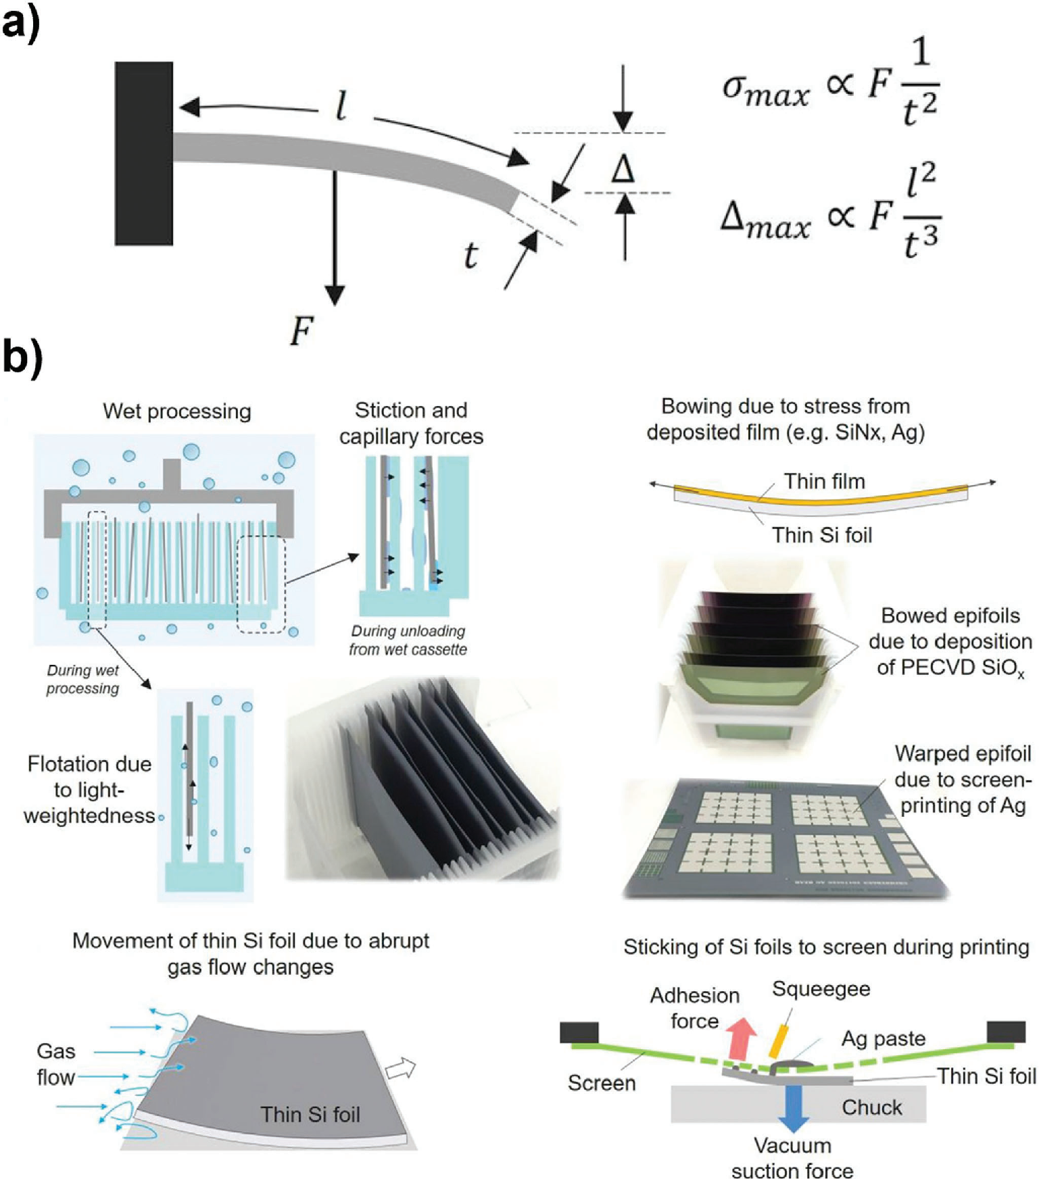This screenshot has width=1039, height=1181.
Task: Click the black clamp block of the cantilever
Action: pyautogui.click(x=143, y=153)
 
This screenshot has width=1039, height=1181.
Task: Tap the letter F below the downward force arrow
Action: pyautogui.click(x=301, y=332)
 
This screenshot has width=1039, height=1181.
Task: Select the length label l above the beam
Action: pyautogui.click(x=342, y=106)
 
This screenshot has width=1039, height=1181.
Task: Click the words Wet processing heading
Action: pyautogui.click(x=176, y=411)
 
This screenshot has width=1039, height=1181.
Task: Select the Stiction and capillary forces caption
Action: pyautogui.click(x=411, y=423)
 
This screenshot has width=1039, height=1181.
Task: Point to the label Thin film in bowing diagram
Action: pyautogui.click(x=824, y=481)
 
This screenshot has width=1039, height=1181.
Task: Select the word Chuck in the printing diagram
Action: pyautogui.click(x=871, y=1107)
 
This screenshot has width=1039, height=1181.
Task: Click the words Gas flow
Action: pyautogui.click(x=55, y=1064)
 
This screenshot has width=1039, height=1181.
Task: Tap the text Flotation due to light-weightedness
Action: pyautogui.click(x=89, y=790)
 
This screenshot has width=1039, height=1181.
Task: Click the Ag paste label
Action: pyautogui.click(x=884, y=1038)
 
